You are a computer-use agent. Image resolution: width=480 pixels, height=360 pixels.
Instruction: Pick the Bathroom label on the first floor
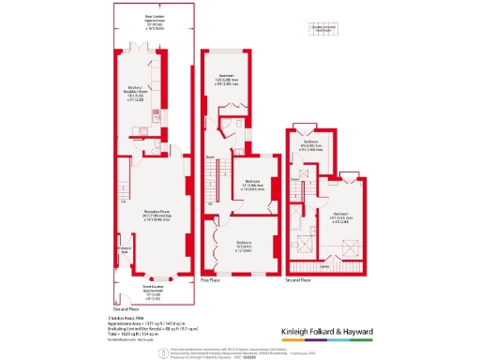tap(226, 81)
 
